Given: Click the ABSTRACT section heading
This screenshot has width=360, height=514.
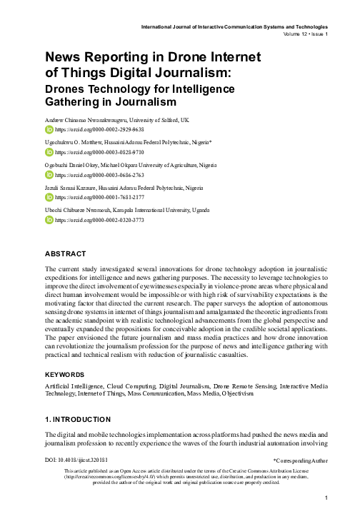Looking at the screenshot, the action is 66,254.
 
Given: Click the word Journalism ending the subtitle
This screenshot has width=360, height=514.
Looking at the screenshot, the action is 137,104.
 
